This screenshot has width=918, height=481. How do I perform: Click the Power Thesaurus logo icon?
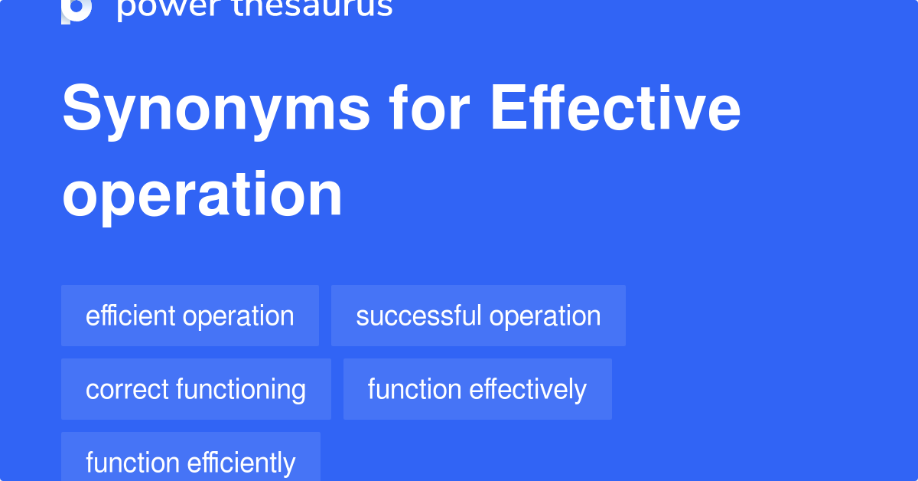coord(76,9)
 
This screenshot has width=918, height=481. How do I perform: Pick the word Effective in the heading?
coord(615,110)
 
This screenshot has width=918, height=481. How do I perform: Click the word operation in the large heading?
coord(202,195)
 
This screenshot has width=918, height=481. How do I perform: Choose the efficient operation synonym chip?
coord(190,316)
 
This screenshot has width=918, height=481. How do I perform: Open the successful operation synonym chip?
coord(478,316)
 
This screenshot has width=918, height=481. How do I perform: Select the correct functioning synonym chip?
coord(196,389)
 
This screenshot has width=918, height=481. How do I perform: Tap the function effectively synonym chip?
coord(477,389)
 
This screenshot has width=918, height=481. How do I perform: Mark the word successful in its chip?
coord(418,316)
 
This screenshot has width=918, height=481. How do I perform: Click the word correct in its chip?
coord(127,389)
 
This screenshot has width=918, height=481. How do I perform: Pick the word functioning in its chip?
coord(240,390)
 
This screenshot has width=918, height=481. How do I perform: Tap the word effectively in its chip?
coord(528,389)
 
